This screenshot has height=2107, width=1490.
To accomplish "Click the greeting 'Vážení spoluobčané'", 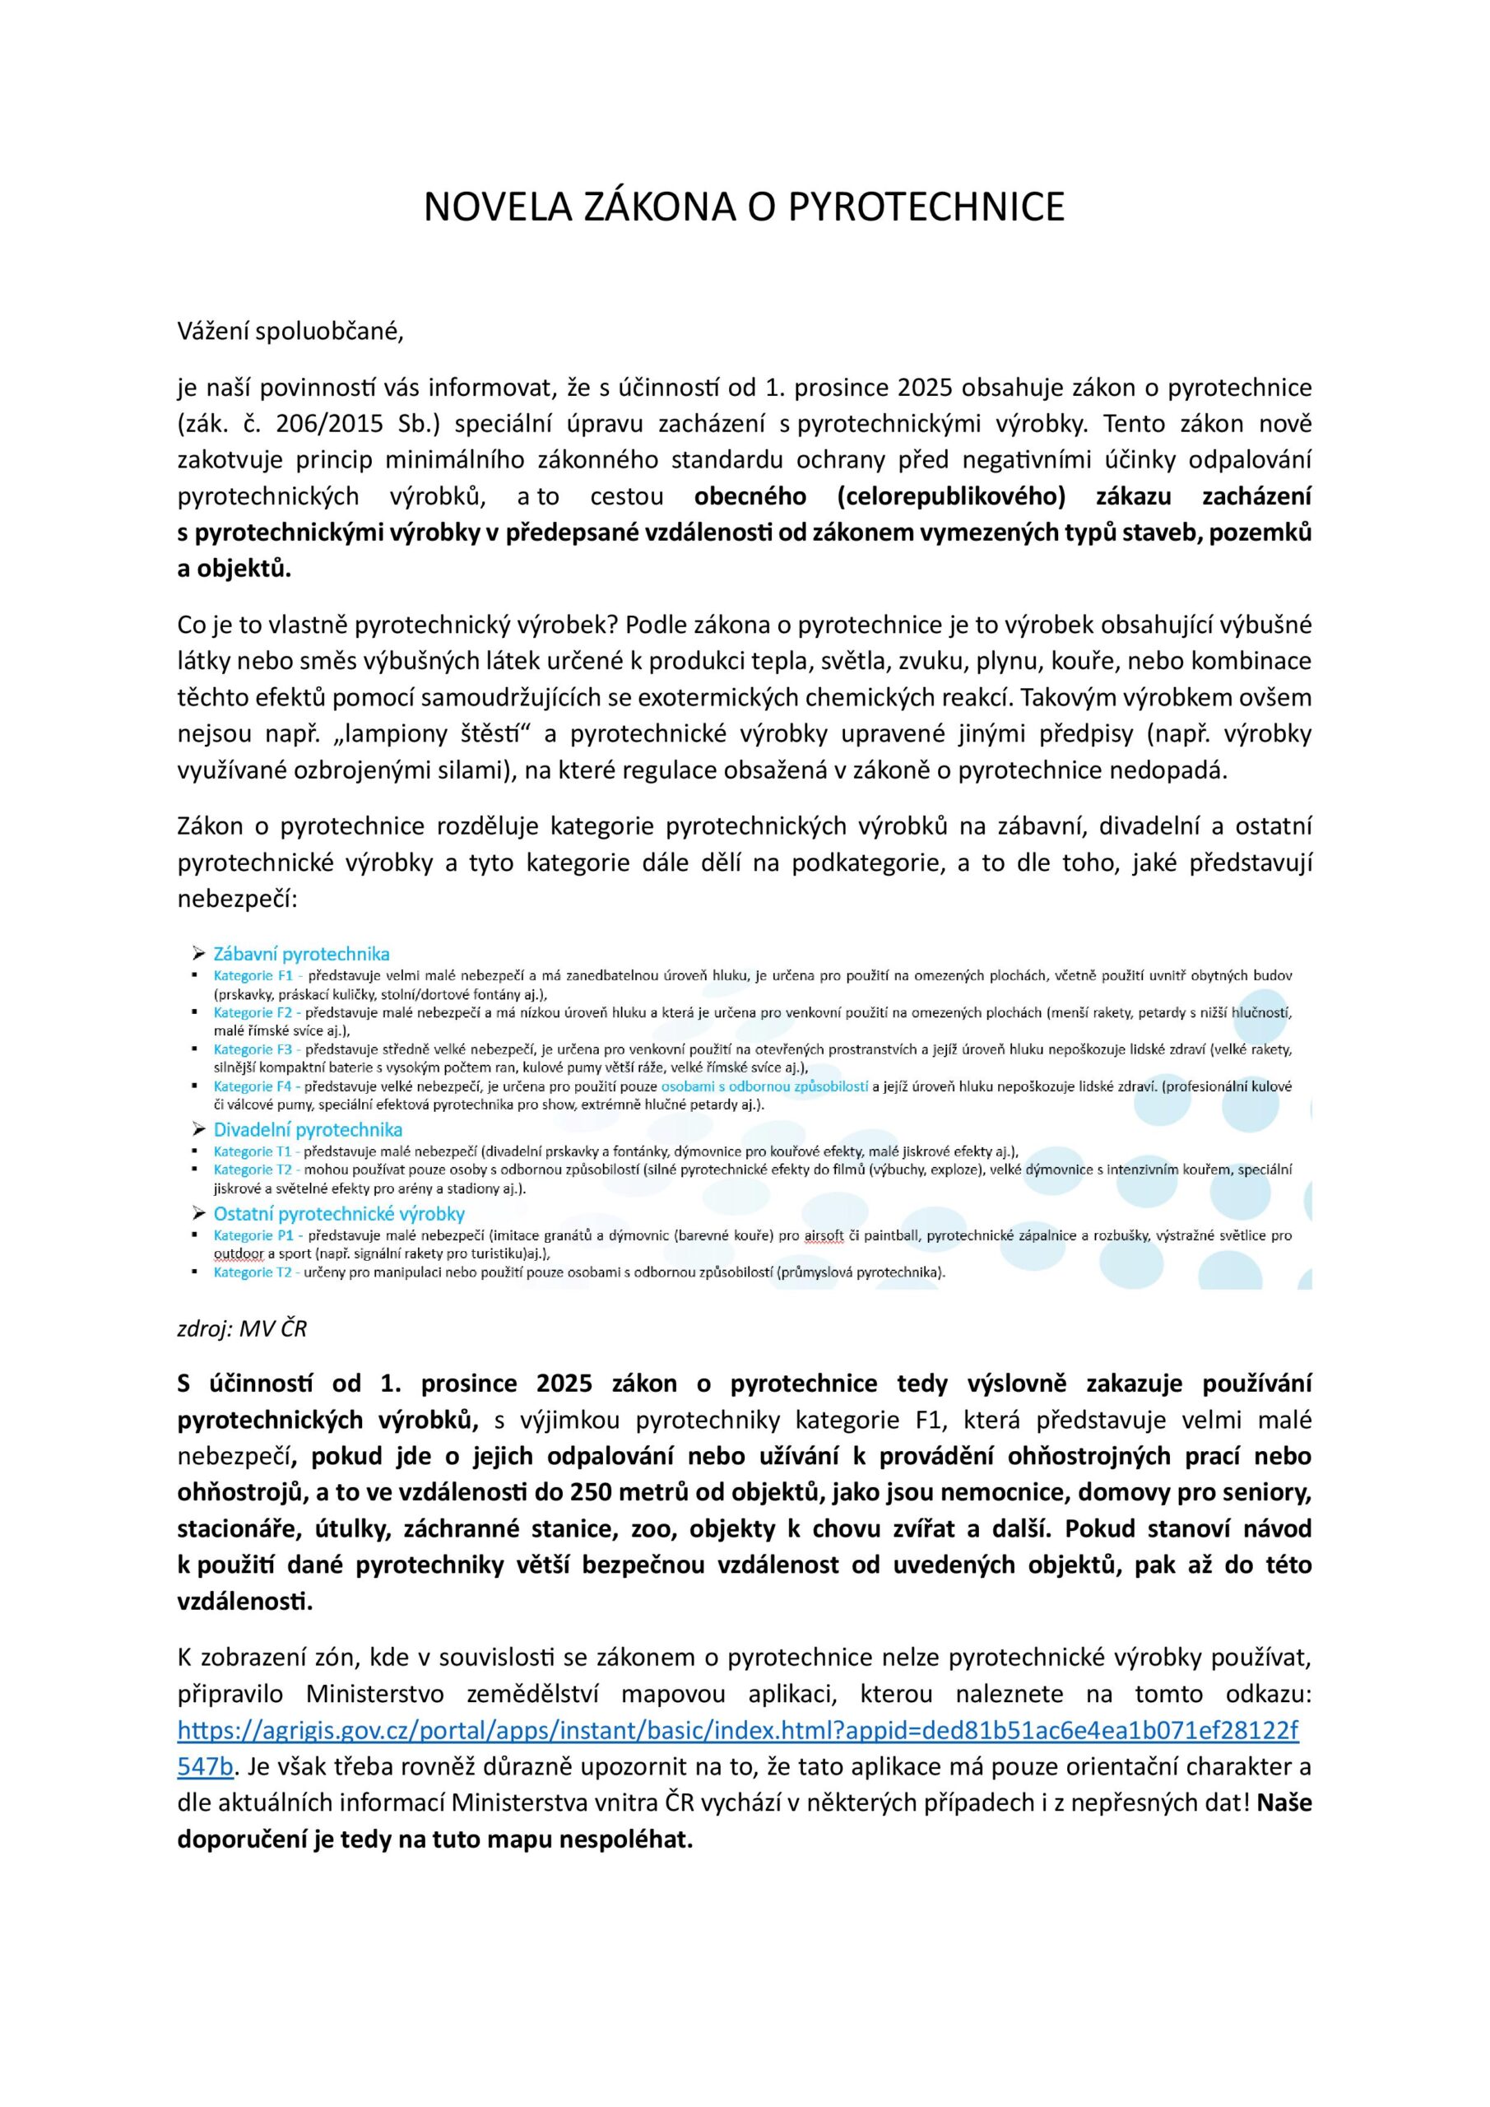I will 290,332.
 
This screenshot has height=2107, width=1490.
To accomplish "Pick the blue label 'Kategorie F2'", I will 253,1013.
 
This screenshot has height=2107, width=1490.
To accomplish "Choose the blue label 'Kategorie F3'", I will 253,1049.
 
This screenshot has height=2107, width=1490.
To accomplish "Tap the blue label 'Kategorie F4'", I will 253,1086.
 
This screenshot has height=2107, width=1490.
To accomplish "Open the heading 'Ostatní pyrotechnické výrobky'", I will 338,1214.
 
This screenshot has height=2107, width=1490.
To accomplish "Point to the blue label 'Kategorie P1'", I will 253,1236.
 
